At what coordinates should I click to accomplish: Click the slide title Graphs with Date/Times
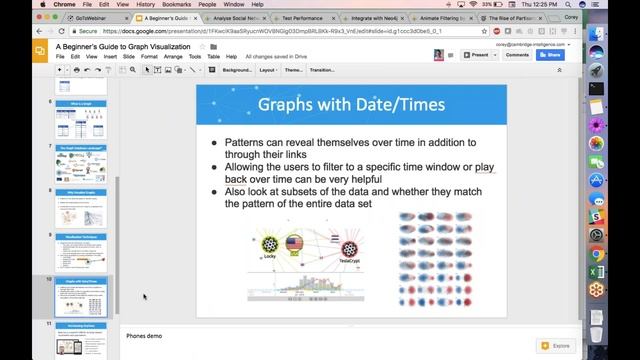click(x=351, y=104)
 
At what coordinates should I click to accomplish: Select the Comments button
click(x=517, y=55)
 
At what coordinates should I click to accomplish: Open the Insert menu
click(x=109, y=56)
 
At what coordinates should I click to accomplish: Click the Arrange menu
click(x=174, y=56)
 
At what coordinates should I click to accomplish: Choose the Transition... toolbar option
click(x=321, y=70)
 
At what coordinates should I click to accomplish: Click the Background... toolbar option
click(x=236, y=70)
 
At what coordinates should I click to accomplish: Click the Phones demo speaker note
click(x=144, y=336)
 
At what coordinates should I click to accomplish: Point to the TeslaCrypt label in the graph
click(x=349, y=260)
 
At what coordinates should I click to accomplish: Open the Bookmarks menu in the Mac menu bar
click(x=176, y=4)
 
